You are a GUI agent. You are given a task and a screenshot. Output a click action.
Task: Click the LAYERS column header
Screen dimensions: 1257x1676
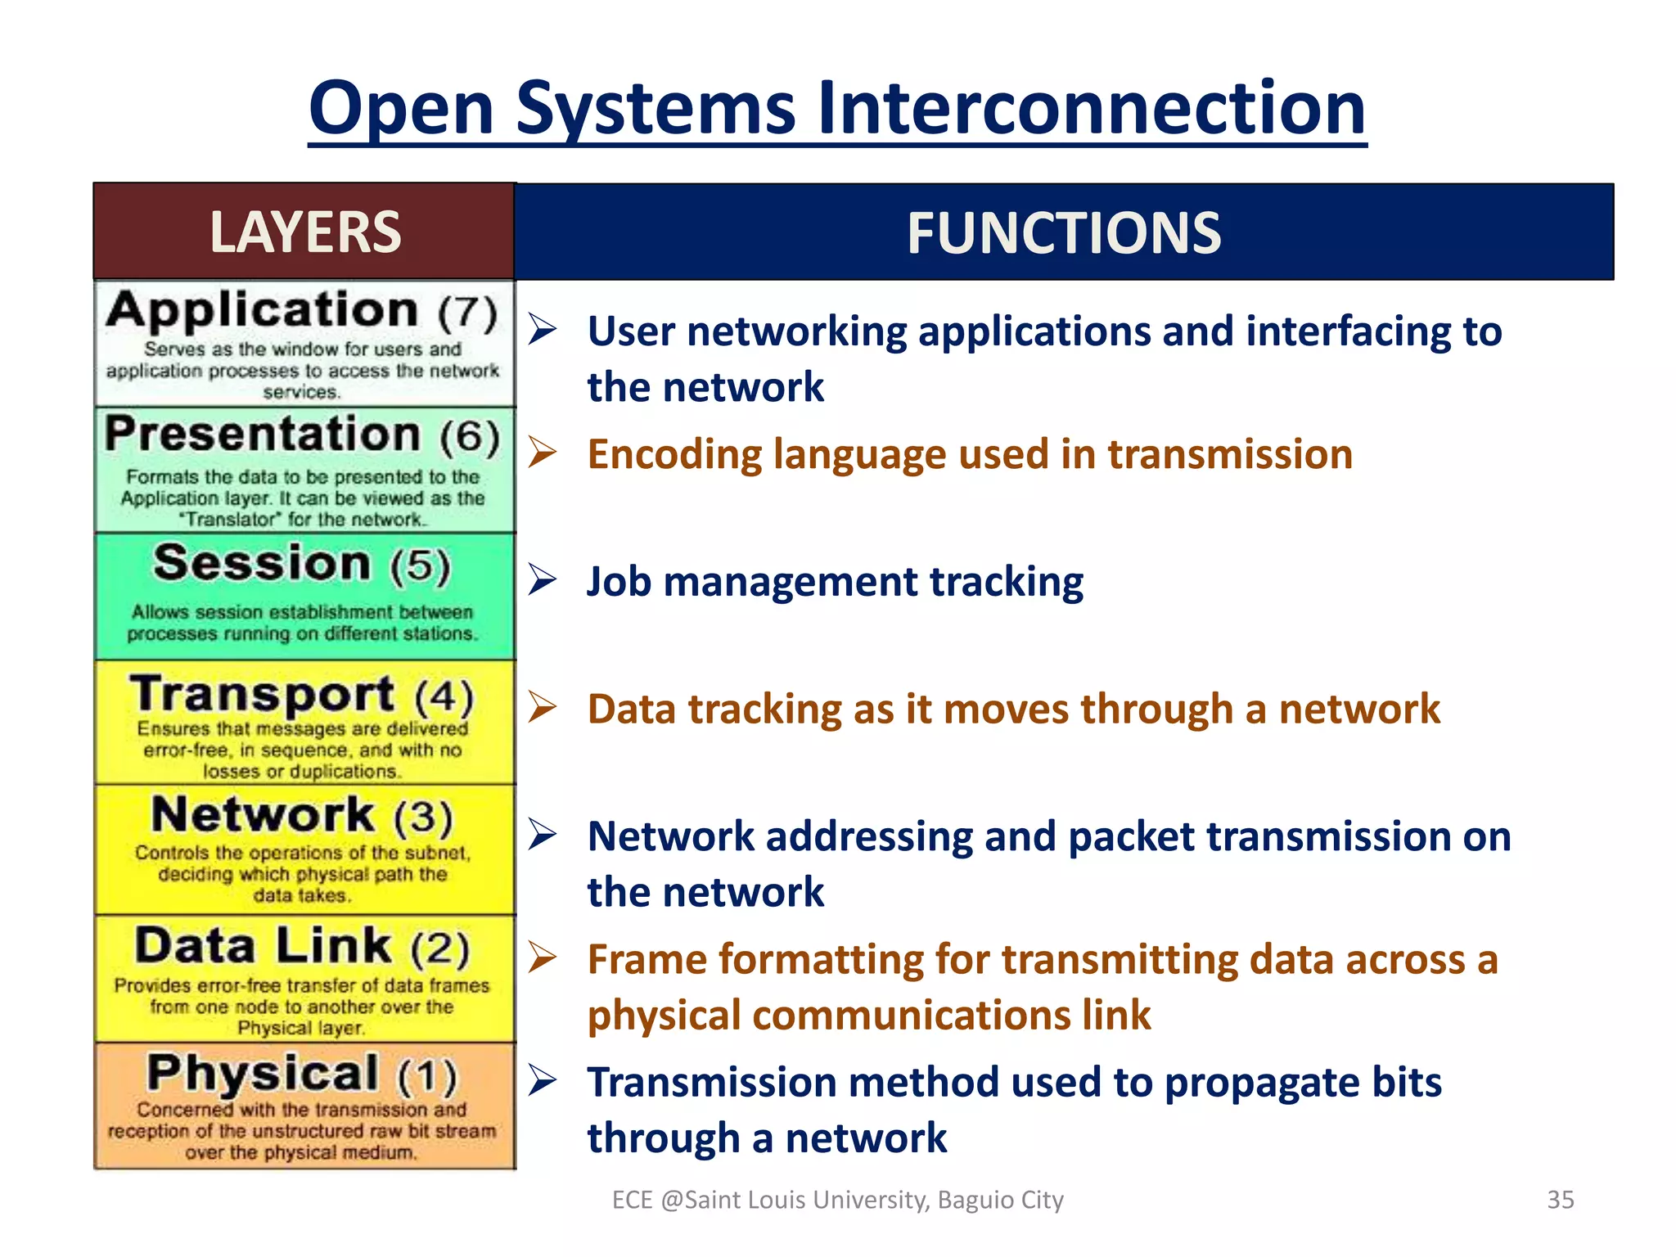(x=304, y=232)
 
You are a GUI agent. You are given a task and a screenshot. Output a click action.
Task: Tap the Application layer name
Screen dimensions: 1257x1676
(x=262, y=310)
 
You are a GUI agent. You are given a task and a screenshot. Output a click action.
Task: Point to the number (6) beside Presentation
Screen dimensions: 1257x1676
(x=469, y=437)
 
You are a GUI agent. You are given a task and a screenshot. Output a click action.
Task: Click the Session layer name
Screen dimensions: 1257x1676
(x=262, y=563)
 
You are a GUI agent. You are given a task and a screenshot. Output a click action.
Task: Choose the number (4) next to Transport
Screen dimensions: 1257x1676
(x=444, y=696)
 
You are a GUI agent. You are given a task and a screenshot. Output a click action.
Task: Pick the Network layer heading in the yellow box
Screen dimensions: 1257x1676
(x=262, y=815)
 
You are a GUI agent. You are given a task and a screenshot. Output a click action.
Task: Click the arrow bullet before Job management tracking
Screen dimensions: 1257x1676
(x=542, y=579)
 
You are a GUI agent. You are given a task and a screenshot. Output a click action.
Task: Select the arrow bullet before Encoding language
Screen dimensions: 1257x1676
(x=542, y=453)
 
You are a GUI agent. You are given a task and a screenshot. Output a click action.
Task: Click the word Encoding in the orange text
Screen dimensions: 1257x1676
(x=674, y=455)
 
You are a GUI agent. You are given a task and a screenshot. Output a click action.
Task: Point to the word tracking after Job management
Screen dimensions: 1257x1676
(x=1006, y=583)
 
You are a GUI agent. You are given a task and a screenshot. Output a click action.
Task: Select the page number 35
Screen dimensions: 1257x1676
(x=1560, y=1200)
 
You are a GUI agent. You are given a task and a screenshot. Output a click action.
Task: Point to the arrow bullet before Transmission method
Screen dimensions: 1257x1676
(x=542, y=1080)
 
